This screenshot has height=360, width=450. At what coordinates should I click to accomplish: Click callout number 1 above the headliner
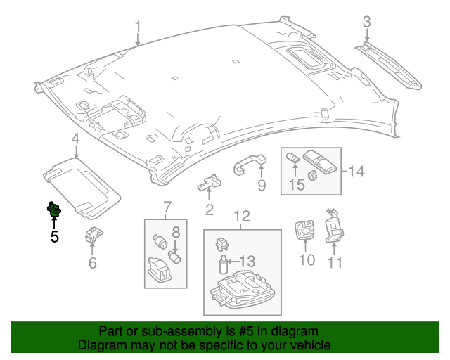click(138, 27)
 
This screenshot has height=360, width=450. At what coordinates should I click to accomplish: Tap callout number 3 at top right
click(366, 22)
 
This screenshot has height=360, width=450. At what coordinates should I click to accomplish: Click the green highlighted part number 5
click(53, 209)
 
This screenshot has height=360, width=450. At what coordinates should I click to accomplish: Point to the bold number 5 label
click(54, 236)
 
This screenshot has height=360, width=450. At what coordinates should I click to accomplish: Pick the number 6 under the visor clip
click(92, 263)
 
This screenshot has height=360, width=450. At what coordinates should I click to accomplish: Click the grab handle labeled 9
click(249, 163)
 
